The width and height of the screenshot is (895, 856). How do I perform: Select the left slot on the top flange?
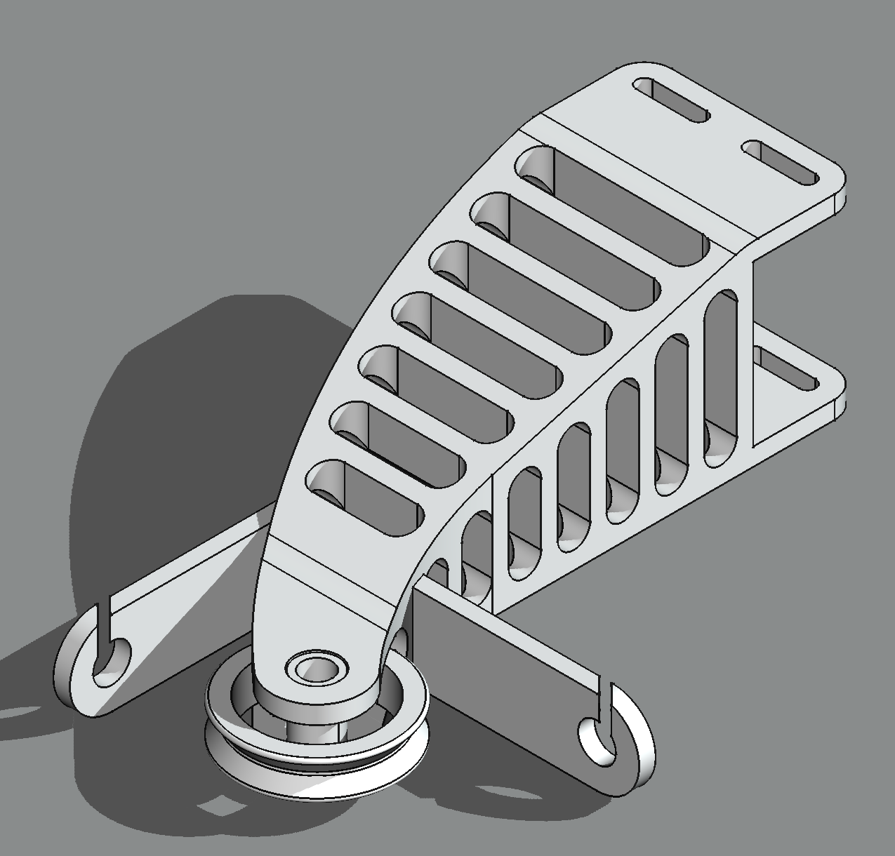click(x=671, y=100)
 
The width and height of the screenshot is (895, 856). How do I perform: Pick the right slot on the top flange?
click(x=781, y=162)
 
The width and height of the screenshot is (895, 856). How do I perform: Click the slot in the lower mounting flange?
click(x=790, y=370)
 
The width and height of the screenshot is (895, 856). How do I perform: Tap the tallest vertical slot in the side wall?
click(x=721, y=379)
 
